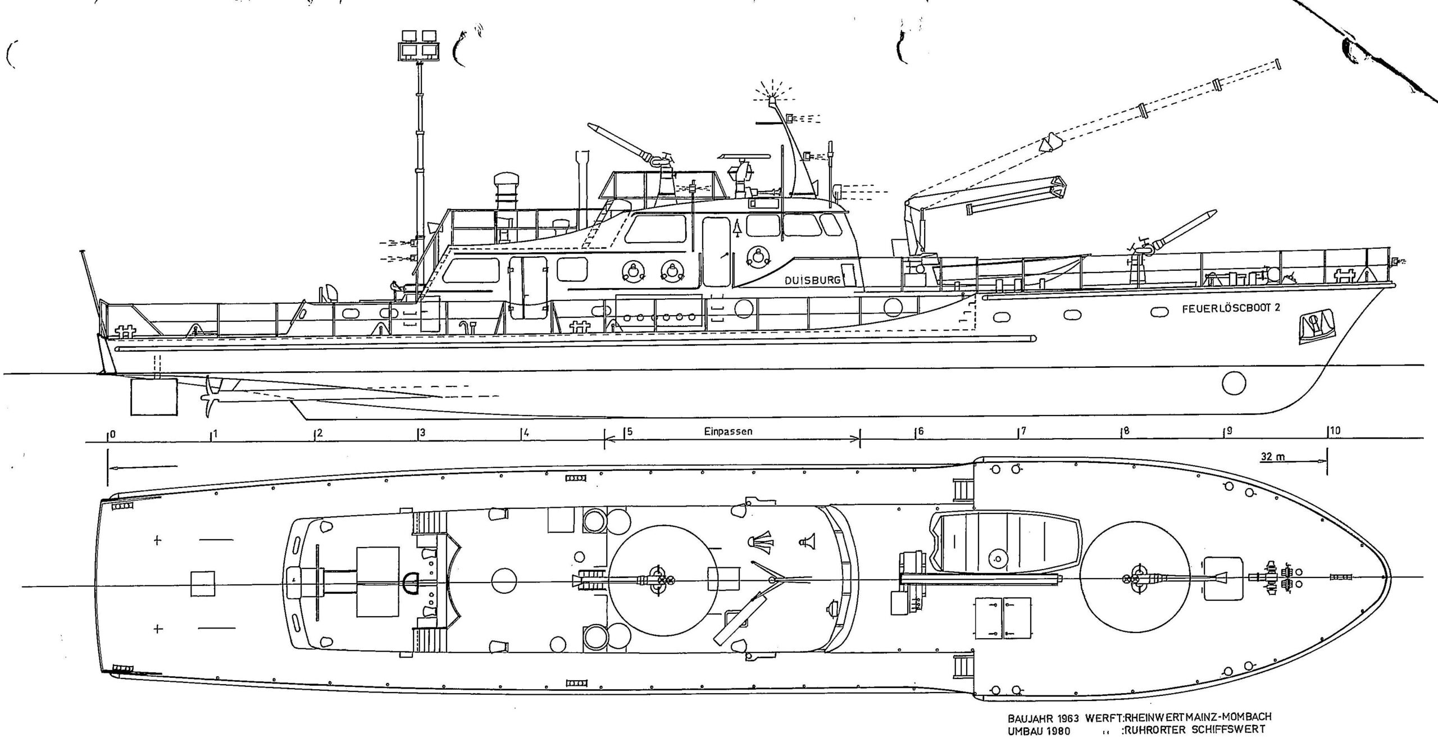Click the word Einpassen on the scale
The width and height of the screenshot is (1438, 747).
(727, 432)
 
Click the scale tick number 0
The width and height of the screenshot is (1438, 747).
(113, 434)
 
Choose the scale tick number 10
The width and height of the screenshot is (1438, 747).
(1335, 430)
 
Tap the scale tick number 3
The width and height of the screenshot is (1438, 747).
(422, 433)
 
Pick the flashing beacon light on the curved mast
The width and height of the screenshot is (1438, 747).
(772, 102)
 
